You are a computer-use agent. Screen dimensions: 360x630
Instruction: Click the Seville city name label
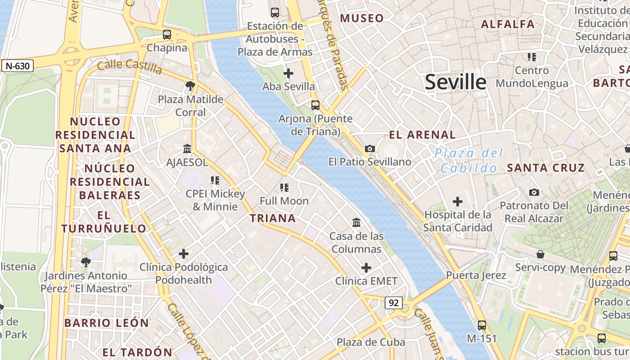(x=455, y=82)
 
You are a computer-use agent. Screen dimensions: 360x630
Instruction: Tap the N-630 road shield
(x=18, y=66)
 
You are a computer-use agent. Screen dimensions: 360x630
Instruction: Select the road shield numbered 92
(x=393, y=303)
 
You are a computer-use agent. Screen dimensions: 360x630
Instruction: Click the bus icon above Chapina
(x=167, y=34)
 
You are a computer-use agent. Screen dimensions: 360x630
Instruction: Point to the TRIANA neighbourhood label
(x=273, y=218)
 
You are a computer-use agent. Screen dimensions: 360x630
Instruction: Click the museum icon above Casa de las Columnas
(x=356, y=222)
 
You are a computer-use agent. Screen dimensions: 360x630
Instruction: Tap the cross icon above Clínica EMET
(x=366, y=268)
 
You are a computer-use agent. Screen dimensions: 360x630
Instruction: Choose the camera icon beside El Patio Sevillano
(x=370, y=148)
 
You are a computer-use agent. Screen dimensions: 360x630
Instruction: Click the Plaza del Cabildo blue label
(x=468, y=161)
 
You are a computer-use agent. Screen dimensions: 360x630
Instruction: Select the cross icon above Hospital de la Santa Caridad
(x=458, y=201)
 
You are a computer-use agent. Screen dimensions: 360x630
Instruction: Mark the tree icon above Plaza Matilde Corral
(x=190, y=85)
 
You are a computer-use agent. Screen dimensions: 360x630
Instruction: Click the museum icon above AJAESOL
(x=187, y=148)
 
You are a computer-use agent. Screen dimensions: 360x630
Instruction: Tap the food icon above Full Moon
(x=284, y=187)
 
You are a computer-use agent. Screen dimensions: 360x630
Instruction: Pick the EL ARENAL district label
(x=422, y=135)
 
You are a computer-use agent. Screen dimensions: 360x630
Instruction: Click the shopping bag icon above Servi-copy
(x=540, y=254)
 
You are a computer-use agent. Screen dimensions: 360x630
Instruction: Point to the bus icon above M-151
(x=482, y=325)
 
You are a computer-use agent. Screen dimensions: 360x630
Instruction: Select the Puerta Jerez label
(x=476, y=275)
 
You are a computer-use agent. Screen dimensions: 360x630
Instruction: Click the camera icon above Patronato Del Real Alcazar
(x=534, y=192)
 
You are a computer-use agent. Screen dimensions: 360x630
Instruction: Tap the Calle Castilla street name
(x=130, y=67)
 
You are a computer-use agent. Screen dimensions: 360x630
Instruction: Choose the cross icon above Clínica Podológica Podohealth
(x=184, y=254)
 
